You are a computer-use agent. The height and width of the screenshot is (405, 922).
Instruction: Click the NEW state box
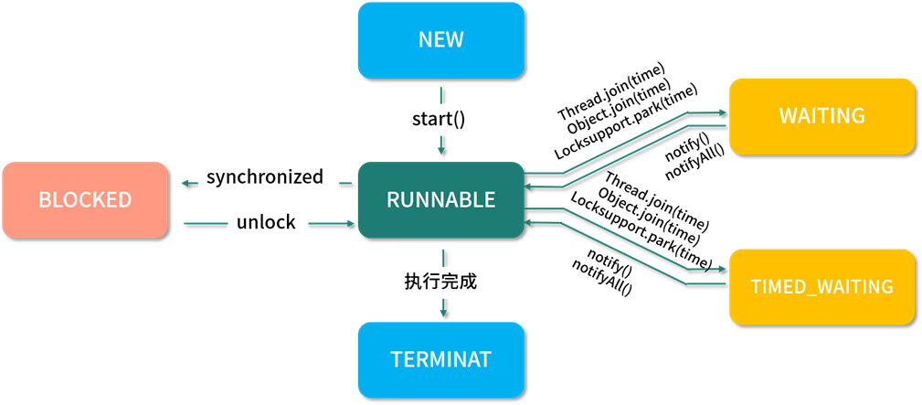point(440,40)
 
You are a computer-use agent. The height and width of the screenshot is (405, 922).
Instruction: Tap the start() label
point(440,118)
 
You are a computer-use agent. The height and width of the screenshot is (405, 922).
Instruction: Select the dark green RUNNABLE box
point(440,199)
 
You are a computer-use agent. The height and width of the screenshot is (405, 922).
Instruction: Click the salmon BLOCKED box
point(85,199)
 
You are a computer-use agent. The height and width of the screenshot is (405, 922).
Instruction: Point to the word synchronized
point(265,177)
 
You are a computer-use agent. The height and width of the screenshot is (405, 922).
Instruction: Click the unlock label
point(266,222)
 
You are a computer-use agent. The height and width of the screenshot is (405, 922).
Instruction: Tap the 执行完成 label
point(441,281)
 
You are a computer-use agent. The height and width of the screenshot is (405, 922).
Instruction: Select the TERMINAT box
point(440,359)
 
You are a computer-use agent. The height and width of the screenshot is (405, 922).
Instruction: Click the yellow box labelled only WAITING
point(821,116)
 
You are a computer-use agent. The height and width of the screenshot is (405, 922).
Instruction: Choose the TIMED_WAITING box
point(821,286)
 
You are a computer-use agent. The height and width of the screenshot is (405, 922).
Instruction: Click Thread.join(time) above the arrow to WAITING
point(610,92)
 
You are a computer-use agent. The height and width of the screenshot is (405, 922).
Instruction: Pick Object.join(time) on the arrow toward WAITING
point(618,108)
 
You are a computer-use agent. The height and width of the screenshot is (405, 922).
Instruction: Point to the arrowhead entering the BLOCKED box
point(184,184)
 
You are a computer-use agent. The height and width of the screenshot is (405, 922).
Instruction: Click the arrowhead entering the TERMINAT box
point(443,313)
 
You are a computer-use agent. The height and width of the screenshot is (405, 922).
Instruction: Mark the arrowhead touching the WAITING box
point(723,115)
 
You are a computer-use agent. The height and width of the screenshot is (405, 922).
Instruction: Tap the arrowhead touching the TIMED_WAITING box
point(723,270)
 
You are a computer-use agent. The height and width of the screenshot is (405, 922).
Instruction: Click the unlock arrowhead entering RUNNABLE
point(351,223)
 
